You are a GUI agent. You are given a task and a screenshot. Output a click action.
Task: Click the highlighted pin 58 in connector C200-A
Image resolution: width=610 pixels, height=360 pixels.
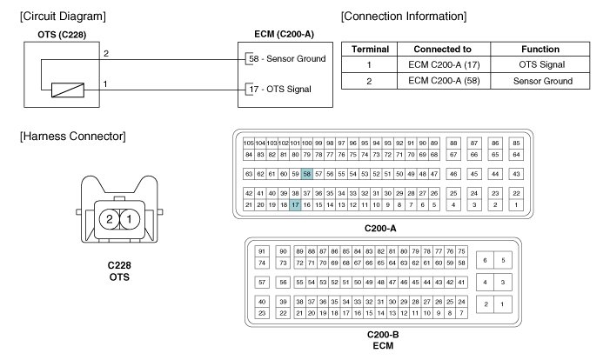pos(306,174)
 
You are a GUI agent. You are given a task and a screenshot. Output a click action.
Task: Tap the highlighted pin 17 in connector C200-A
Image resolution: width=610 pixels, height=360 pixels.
pos(295,204)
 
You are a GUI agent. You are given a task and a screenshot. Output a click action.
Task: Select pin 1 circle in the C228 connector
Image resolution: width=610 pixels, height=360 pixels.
pos(127,219)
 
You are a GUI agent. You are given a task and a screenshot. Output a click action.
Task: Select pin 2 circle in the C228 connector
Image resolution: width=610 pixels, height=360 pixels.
pos(110,219)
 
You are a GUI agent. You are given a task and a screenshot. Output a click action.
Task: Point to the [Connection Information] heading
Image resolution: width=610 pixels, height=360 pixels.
pos(403,16)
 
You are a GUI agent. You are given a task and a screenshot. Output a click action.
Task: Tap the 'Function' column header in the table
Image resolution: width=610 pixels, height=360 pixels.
pos(540,50)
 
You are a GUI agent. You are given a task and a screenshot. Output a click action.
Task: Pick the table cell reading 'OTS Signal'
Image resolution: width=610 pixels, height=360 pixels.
pos(540,65)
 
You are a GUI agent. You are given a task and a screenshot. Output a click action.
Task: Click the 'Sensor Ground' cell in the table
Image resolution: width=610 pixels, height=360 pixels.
pos(540,81)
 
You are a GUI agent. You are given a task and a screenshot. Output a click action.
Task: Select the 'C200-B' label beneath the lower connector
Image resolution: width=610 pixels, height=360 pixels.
pos(383,333)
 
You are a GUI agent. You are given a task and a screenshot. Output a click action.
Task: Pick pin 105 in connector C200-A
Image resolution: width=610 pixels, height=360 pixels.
pos(248,143)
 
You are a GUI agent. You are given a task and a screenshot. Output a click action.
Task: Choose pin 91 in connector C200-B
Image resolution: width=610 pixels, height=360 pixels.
pos(262,250)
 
